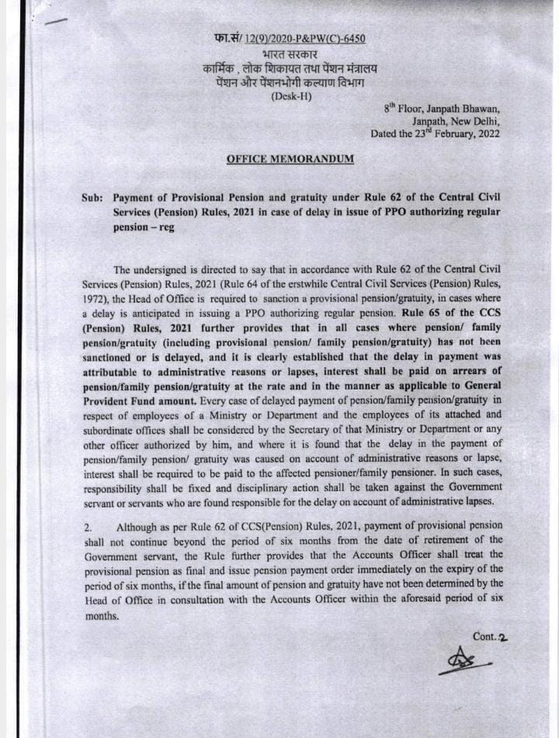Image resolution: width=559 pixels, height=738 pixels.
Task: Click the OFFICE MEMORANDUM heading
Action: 290,158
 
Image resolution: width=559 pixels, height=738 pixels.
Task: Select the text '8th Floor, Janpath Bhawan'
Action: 442,108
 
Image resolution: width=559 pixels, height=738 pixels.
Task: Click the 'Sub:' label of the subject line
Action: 92,198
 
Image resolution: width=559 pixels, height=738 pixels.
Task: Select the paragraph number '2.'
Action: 88,528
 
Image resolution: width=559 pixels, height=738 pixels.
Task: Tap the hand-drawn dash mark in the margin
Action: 56,23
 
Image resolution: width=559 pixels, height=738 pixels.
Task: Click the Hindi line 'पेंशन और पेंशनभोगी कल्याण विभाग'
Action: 291,81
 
